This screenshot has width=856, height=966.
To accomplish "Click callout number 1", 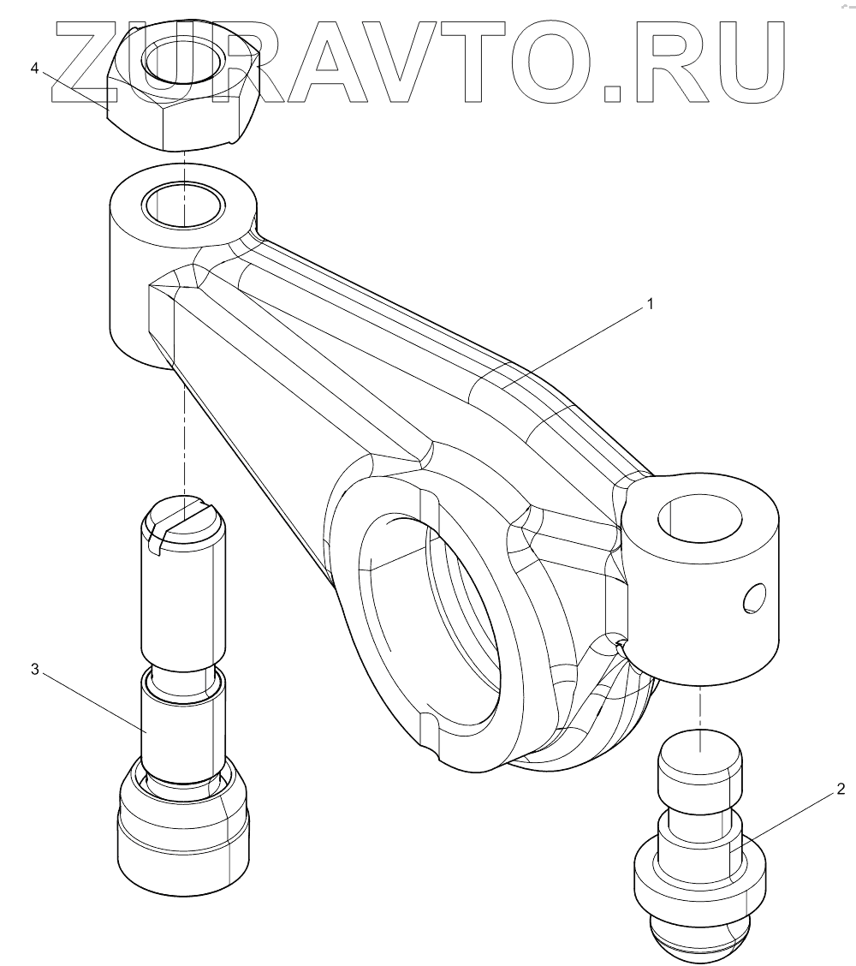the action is coord(651,303).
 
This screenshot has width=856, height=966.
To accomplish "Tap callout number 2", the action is coord(841,788).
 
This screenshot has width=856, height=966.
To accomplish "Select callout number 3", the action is coord(34,669).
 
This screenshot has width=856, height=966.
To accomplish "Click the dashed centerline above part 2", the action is coord(699,707).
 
